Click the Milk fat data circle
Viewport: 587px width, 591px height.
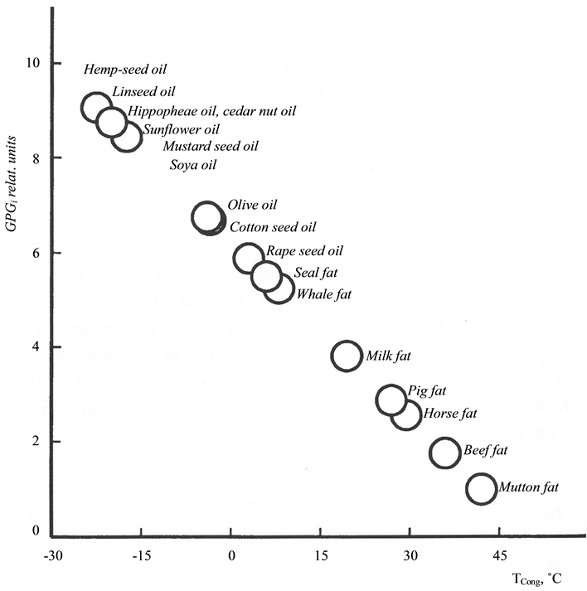(347, 356)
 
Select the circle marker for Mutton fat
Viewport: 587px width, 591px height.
(482, 488)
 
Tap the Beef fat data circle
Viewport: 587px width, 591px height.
(445, 453)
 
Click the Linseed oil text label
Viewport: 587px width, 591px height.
(143, 92)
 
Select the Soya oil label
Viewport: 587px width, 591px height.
(192, 165)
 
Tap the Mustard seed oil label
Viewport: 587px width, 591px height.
(211, 147)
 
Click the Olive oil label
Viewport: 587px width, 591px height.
(252, 205)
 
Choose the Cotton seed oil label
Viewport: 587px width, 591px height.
(273, 226)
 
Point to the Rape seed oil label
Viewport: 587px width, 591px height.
(304, 251)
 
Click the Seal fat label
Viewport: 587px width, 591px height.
(317, 273)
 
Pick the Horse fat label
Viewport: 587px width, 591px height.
(450, 413)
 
